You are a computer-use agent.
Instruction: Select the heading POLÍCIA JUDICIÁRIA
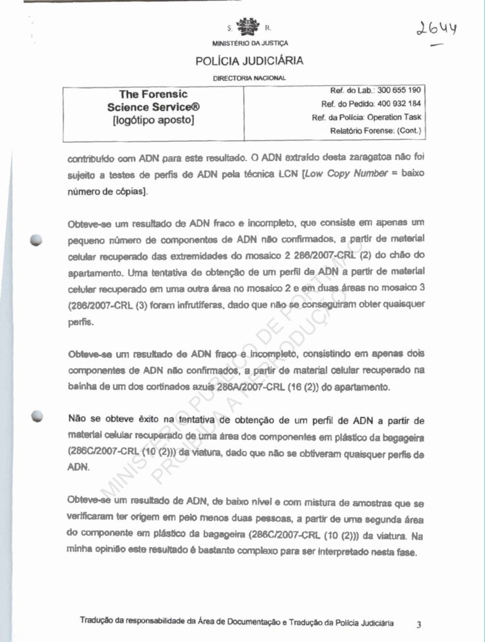[x=249, y=61]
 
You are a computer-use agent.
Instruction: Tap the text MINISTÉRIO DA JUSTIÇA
[x=250, y=43]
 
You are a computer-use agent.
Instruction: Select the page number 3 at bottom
[x=418, y=624]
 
